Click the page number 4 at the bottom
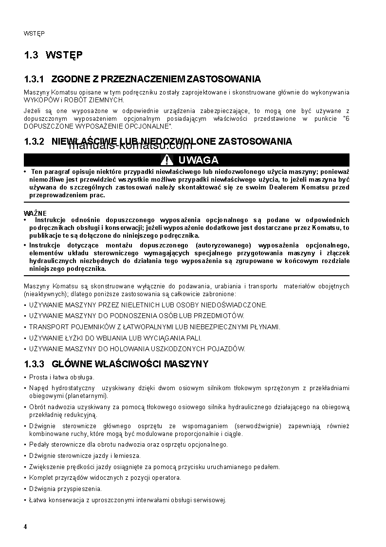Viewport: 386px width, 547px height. point(25,527)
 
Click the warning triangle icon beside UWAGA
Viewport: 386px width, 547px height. point(167,160)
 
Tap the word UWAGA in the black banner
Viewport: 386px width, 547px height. point(198,160)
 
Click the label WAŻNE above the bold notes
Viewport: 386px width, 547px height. point(35,213)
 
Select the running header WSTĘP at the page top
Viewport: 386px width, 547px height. point(34,34)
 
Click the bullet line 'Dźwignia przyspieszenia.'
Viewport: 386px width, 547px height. point(65,489)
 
